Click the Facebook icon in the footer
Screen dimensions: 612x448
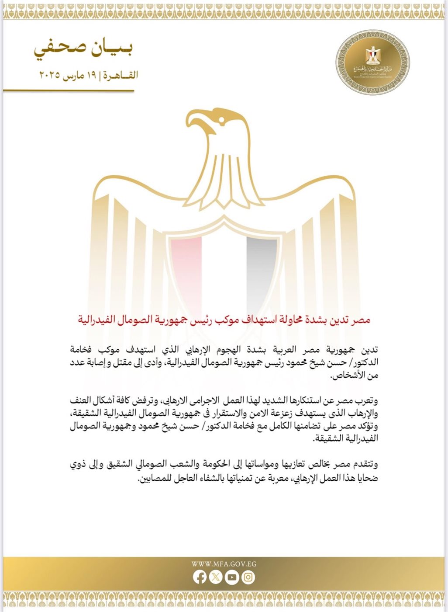[x=200, y=577]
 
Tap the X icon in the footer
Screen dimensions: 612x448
[x=216, y=577]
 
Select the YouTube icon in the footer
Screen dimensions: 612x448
[x=232, y=577]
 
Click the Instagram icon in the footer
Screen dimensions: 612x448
[x=248, y=577]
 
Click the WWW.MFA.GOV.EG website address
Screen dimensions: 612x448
[x=224, y=564]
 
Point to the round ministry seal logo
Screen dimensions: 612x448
[x=373, y=63]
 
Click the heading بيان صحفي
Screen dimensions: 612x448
[x=83, y=48]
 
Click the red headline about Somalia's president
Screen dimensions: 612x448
[x=224, y=320]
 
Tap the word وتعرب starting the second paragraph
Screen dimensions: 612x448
[x=366, y=400]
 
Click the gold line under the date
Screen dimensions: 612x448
[x=69, y=90]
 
